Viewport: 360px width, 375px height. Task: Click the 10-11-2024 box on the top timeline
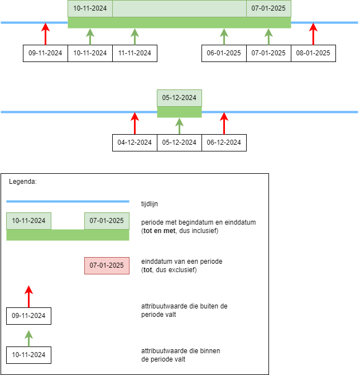click(90, 8)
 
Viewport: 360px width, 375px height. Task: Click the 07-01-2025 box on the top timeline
click(268, 8)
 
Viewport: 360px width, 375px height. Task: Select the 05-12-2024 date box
click(179, 98)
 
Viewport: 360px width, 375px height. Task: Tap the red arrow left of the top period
click(46, 34)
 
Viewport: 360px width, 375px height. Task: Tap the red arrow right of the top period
click(313, 34)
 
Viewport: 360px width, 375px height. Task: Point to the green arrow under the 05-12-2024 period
click(179, 126)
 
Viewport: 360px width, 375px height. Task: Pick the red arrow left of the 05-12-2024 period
click(135, 123)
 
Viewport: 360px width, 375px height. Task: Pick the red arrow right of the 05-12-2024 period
click(224, 123)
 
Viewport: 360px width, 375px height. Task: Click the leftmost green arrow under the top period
click(90, 36)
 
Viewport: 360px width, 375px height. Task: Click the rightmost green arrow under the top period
click(268, 36)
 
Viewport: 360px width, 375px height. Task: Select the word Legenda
click(22, 182)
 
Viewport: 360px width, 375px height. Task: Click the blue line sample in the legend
click(68, 201)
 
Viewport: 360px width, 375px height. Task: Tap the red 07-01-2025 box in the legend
click(107, 265)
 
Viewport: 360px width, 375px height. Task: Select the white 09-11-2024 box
click(28, 316)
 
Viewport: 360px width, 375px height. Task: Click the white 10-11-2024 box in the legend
click(28, 355)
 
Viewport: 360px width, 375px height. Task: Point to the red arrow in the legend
click(29, 296)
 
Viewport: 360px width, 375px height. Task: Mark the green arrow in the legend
click(29, 338)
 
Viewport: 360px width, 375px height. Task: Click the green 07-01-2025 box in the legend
click(107, 221)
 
